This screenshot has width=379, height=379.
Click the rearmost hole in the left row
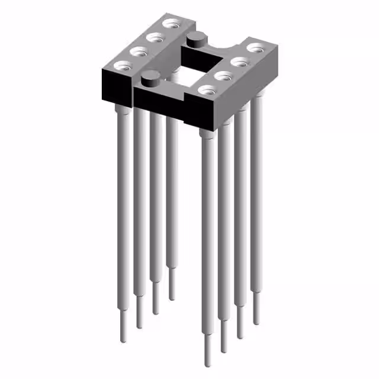(172, 24)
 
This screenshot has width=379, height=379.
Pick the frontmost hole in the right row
(207, 90)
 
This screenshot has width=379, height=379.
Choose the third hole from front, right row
(239, 61)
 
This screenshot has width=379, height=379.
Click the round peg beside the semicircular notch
(195, 40)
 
